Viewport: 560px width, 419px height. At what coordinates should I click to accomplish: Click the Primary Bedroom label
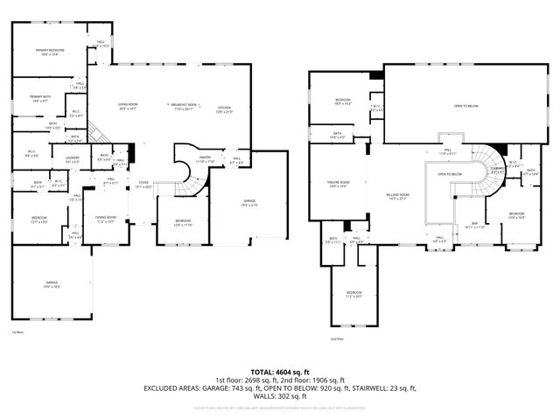(x=50, y=52)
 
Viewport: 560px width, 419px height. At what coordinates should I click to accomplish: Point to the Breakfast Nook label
(x=182, y=107)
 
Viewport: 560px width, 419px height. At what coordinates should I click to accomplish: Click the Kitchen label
(x=225, y=109)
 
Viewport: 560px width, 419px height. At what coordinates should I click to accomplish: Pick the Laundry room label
(x=73, y=159)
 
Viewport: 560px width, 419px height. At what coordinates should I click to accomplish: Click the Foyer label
(x=143, y=185)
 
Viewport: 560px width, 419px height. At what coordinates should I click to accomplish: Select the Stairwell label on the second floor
(x=497, y=169)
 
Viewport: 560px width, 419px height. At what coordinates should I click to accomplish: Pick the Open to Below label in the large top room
(x=465, y=106)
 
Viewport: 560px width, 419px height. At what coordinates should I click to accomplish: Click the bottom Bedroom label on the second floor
(x=353, y=293)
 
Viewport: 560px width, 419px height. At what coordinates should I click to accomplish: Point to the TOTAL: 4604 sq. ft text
(x=279, y=371)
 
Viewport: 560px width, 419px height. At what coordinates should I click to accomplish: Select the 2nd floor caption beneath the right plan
(x=337, y=339)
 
